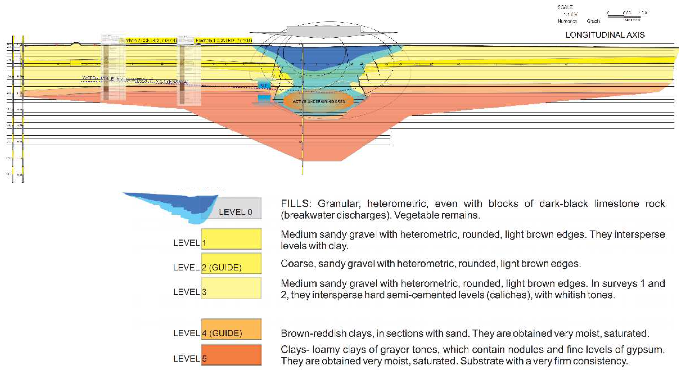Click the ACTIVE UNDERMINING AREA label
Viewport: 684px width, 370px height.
click(319, 101)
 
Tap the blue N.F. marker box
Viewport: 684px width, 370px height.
click(264, 85)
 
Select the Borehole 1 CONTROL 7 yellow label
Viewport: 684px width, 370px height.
click(224, 41)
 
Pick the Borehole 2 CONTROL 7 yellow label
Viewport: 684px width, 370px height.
click(149, 41)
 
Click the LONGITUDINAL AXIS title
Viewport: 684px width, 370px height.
click(605, 35)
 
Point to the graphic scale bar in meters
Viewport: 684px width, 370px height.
click(624, 16)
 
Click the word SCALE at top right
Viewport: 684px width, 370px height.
click(565, 7)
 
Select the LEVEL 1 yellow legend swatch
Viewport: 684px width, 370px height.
click(231, 239)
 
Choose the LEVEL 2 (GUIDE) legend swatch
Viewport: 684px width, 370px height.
click(231, 263)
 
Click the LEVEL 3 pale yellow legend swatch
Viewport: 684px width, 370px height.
click(231, 288)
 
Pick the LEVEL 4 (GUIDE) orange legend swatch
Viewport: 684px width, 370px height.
click(231, 329)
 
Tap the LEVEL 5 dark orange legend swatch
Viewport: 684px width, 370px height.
click(231, 355)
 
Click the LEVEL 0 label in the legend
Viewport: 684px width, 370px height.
click(235, 212)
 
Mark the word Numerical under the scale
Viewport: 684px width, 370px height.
click(568, 21)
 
